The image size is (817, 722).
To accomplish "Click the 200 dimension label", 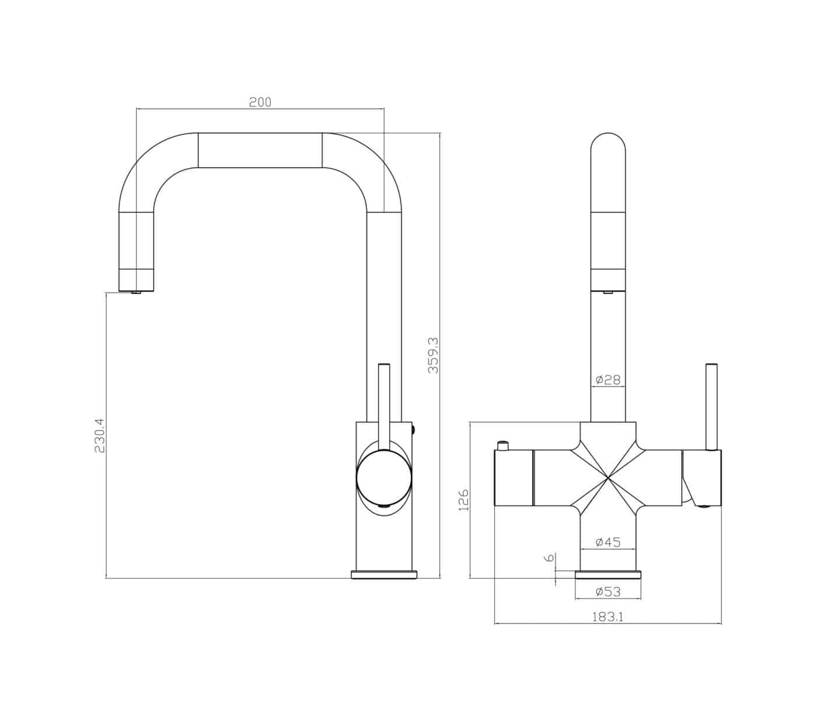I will pyautogui.click(x=260, y=102).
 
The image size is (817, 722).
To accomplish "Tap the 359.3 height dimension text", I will pyautogui.click(x=433, y=355).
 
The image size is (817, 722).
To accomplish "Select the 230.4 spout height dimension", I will pyautogui.click(x=99, y=435).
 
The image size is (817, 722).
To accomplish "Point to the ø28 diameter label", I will pyautogui.click(x=607, y=380).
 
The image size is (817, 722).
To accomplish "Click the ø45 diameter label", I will pyautogui.click(x=607, y=542).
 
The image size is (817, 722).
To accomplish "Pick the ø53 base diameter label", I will pyautogui.click(x=607, y=592).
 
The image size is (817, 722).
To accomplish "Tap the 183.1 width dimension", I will pyautogui.click(x=607, y=617).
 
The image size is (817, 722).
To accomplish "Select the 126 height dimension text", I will pyautogui.click(x=463, y=500).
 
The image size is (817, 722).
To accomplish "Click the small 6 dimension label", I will pyautogui.click(x=549, y=557).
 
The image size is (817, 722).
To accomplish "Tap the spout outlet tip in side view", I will pyautogui.click(x=137, y=292).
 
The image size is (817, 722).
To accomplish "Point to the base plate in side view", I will pyautogui.click(x=384, y=574).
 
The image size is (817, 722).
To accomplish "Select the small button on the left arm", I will pyautogui.click(x=501, y=447).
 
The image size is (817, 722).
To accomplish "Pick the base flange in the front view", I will pyautogui.click(x=607, y=575).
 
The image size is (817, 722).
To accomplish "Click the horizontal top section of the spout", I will pyautogui.click(x=260, y=150).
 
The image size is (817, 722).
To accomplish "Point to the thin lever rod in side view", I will pyautogui.click(x=384, y=403).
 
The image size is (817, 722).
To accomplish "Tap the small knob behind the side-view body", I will pyautogui.click(x=414, y=430).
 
